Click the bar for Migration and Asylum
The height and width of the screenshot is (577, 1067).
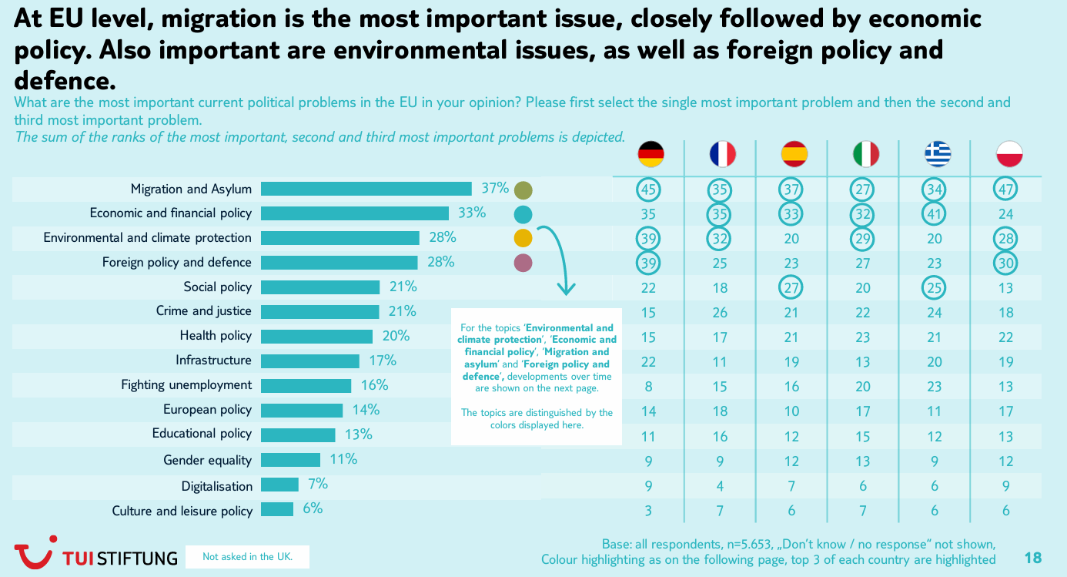click(366, 189)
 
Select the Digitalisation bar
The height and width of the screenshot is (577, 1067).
click(279, 485)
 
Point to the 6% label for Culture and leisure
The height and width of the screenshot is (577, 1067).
click(312, 508)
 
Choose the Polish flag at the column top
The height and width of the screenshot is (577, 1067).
click(1008, 155)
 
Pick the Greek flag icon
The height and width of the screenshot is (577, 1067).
click(937, 155)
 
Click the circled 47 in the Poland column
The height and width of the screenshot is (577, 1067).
click(1005, 190)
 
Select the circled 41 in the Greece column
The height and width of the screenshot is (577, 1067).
click(934, 214)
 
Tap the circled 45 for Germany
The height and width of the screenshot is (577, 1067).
click(649, 190)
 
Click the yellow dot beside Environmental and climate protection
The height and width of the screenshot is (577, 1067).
click(523, 238)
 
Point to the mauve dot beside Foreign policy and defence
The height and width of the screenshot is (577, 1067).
click(523, 263)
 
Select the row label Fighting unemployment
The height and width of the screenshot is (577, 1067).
click(186, 384)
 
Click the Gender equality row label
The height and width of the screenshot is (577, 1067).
click(207, 460)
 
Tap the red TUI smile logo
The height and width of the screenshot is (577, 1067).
click(33, 553)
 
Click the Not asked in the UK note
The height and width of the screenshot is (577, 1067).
click(247, 556)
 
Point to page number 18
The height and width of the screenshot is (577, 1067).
click(1032, 557)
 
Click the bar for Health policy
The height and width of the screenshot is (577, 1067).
click(316, 336)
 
